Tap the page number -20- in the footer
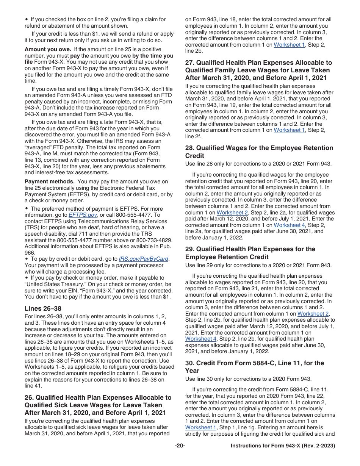point(180,446)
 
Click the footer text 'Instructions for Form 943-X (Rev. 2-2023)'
point(283,446)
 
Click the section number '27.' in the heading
point(190,63)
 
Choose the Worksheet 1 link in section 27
point(289,130)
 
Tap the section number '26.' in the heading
point(30,397)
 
